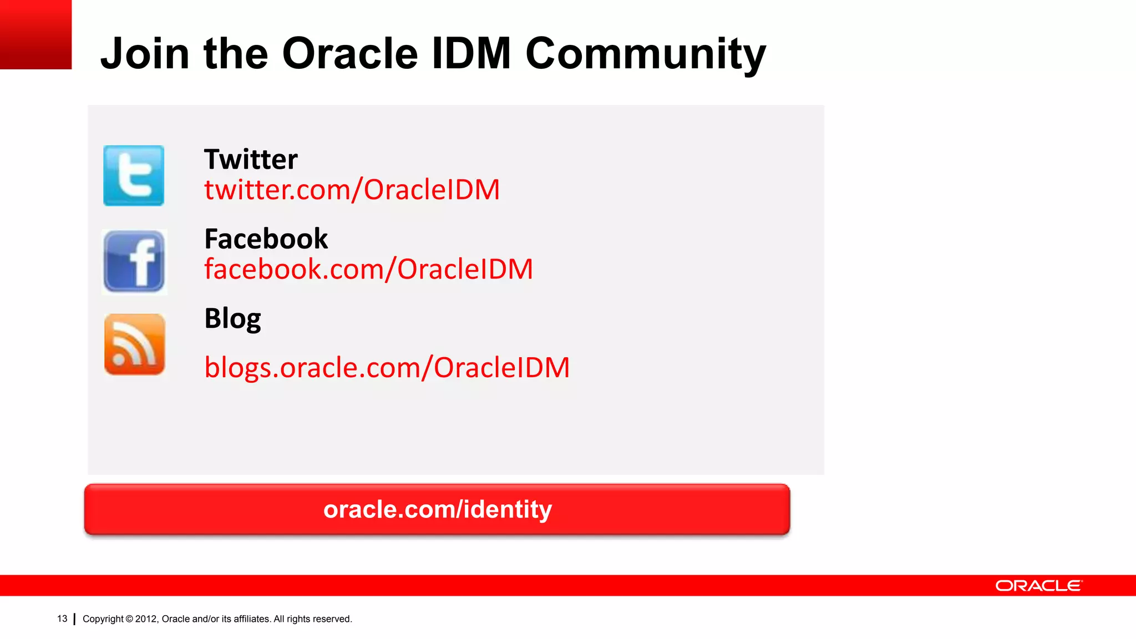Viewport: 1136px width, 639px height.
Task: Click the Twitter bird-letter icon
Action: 134,176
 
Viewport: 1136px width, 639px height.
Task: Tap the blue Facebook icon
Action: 134,261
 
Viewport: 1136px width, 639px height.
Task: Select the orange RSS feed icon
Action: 135,344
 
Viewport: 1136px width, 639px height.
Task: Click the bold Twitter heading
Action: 251,160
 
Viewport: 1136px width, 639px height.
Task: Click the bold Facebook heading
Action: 266,239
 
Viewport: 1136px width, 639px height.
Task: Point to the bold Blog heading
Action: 232,319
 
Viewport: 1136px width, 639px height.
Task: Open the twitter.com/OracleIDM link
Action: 352,190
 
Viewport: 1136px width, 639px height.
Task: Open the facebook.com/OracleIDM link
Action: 368,269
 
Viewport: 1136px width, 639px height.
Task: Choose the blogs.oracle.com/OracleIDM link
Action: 387,368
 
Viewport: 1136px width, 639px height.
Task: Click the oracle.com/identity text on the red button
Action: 438,509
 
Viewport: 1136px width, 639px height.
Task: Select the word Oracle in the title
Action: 350,54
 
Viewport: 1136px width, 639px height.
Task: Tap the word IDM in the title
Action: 471,54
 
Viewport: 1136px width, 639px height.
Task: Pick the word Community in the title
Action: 645,54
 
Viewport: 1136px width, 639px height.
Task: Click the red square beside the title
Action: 35,34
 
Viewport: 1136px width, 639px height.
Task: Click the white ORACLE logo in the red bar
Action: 1038,586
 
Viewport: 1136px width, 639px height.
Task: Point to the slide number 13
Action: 62,618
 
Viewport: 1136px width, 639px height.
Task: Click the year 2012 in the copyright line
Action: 146,619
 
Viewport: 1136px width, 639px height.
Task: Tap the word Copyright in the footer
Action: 103,619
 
